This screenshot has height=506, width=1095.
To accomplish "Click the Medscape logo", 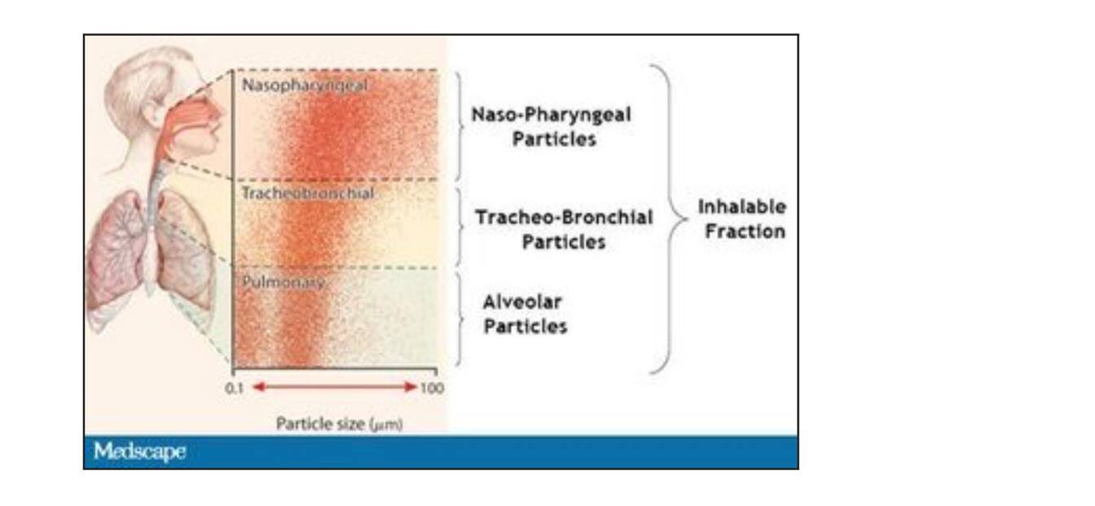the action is click(x=140, y=451).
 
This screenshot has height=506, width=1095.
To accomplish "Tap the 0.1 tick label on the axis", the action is click(x=234, y=388).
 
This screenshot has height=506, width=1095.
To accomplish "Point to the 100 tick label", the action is click(x=432, y=388).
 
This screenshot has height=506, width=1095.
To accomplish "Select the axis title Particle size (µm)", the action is click(x=339, y=424).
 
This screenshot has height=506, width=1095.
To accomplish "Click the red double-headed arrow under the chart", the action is click(x=335, y=387).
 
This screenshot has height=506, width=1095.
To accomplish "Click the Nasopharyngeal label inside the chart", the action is click(x=305, y=86).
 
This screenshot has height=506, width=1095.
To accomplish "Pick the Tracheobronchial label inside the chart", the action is click(x=308, y=193).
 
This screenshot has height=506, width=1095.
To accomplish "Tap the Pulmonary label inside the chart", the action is click(x=284, y=282).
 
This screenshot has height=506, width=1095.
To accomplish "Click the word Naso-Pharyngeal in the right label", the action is click(x=551, y=115).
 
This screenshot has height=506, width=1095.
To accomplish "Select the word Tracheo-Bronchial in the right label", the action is click(x=564, y=217).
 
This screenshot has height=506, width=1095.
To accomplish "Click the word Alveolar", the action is click(x=522, y=302).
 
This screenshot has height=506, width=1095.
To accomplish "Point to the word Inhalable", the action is click(x=742, y=207).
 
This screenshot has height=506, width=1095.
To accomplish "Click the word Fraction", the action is click(x=745, y=231).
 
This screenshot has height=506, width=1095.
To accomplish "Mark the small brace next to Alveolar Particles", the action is click(x=460, y=319).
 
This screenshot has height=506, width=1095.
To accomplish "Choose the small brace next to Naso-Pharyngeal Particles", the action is click(x=460, y=126).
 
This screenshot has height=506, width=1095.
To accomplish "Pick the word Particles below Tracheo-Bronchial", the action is click(x=564, y=242).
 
